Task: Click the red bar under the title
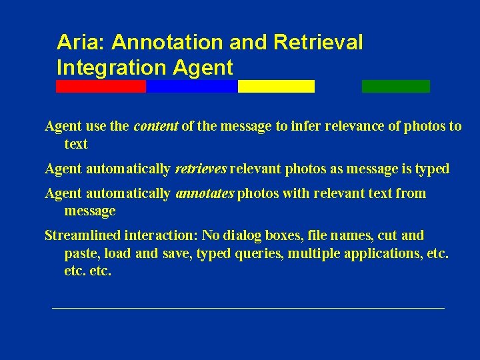click(x=101, y=86)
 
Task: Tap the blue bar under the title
click(x=191, y=86)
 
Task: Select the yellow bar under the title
click(x=276, y=86)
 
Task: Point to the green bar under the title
click(x=395, y=86)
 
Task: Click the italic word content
click(x=156, y=127)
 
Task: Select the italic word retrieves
click(x=201, y=169)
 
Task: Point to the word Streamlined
click(x=81, y=235)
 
